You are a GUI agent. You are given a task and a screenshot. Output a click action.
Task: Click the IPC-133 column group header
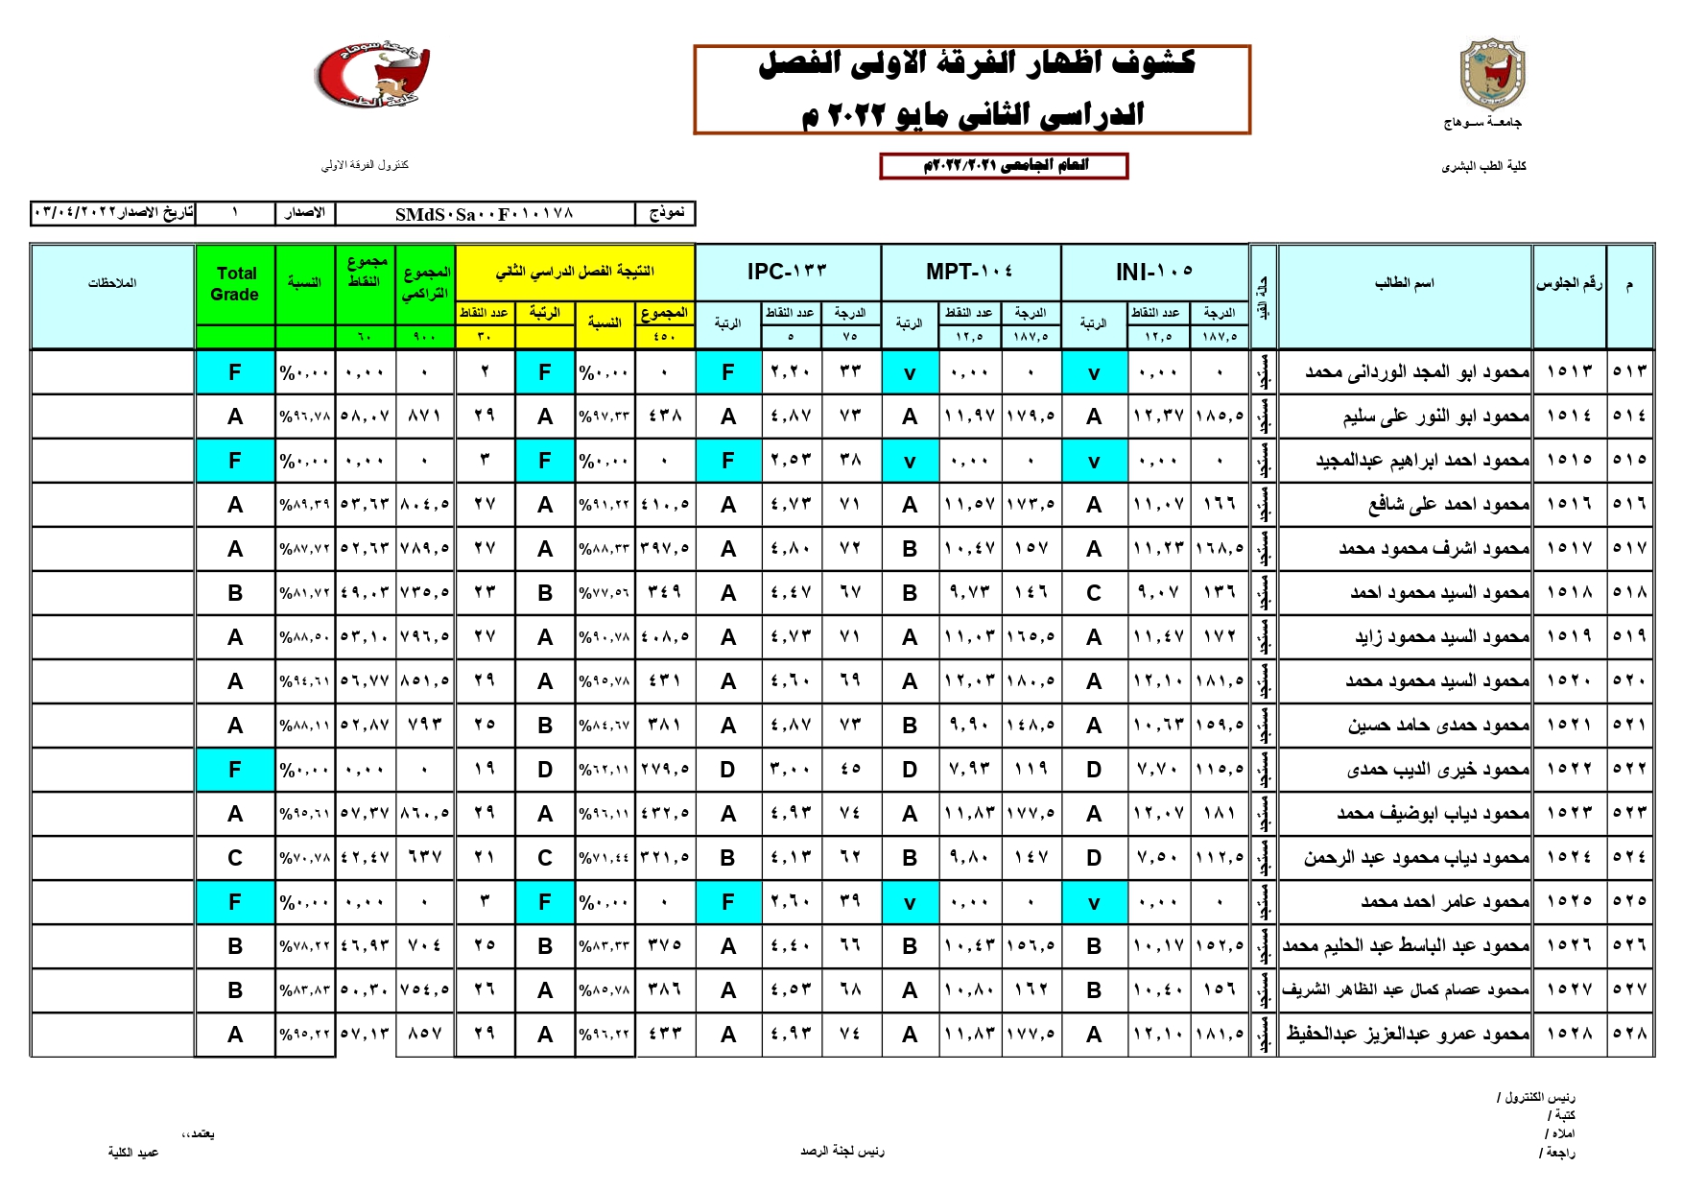(787, 272)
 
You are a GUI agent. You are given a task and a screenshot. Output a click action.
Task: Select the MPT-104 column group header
(969, 272)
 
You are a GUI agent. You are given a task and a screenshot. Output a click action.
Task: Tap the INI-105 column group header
(1154, 272)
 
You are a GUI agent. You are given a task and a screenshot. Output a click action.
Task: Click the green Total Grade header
(235, 284)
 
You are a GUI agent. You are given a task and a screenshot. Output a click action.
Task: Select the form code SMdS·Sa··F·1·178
(484, 213)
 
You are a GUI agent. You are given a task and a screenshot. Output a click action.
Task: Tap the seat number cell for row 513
(1569, 371)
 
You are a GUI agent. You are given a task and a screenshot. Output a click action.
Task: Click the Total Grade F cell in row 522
(235, 770)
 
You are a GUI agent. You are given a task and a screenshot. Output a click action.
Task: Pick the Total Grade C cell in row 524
(235, 858)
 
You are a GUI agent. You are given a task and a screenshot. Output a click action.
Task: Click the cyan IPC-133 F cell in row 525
(728, 902)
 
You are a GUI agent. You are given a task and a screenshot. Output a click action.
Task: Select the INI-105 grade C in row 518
(1094, 593)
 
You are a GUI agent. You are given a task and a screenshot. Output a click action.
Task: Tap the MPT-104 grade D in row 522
(910, 770)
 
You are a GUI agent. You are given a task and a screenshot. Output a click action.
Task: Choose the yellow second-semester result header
(574, 272)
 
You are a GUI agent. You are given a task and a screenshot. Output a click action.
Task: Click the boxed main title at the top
(972, 89)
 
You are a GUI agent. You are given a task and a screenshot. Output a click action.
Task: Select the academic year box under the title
(1004, 166)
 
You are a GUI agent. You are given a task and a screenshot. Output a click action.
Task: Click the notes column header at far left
(112, 283)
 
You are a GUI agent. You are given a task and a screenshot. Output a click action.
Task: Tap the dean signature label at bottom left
(133, 1152)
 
